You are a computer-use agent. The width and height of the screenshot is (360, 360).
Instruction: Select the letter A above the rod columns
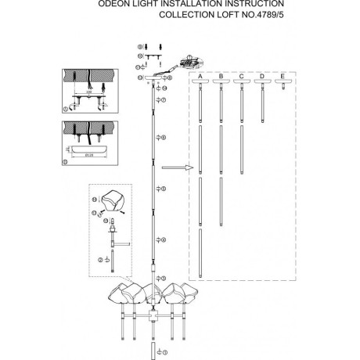[201, 75]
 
